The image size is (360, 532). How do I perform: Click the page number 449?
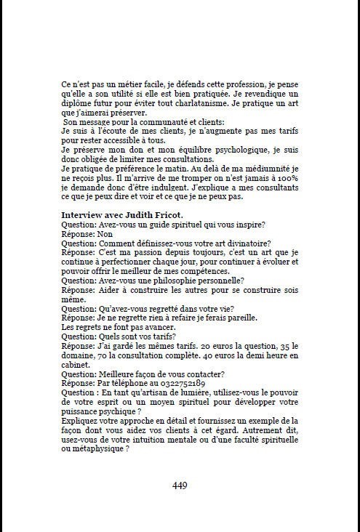click(179, 486)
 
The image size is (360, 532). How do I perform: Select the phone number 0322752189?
click(172, 382)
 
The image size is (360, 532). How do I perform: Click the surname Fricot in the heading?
click(164, 216)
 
